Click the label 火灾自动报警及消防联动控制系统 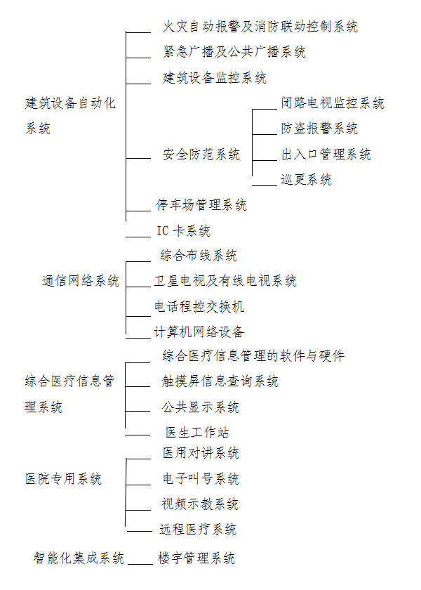click(260, 27)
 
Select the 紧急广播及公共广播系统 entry click(234, 52)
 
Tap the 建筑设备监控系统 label click(214, 77)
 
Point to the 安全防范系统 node click(201, 155)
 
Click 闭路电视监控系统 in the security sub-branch click(333, 103)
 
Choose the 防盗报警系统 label click(319, 129)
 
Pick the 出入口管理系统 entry click(326, 155)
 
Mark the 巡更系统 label click(306, 180)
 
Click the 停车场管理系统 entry click(201, 205)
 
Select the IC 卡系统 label click(182, 230)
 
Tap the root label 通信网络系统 click(80, 281)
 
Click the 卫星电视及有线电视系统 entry click(225, 281)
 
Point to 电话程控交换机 click(199, 307)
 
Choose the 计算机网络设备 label click(199, 332)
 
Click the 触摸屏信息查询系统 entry click(220, 381)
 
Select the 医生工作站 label click(197, 432)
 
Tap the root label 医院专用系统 click(64, 479)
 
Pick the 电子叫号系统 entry click(201, 479)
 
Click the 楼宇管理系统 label click(196, 558)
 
